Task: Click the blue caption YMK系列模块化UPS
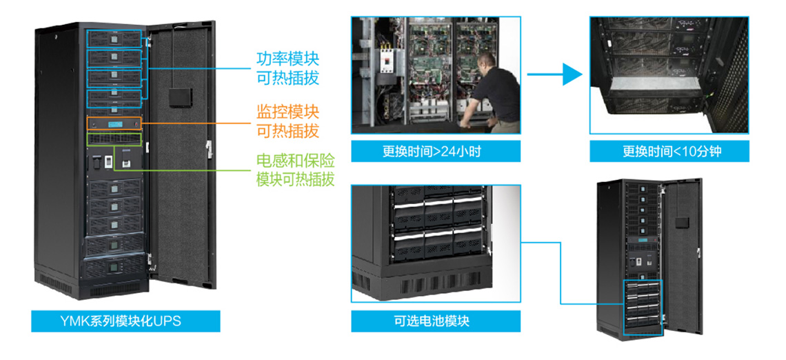pyautogui.click(x=125, y=321)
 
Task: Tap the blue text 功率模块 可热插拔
pyautogui.click(x=288, y=68)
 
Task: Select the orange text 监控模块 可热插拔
pyautogui.click(x=288, y=121)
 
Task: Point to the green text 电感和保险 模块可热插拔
pyautogui.click(x=295, y=170)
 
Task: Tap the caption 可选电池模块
pyautogui.click(x=435, y=321)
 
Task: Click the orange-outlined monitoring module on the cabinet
pyautogui.click(x=114, y=124)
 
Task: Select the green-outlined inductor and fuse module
pyautogui.click(x=114, y=139)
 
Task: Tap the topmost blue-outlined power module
pyautogui.click(x=114, y=38)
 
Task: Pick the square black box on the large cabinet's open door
pyautogui.click(x=181, y=96)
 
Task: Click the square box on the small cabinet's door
pyautogui.click(x=682, y=223)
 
